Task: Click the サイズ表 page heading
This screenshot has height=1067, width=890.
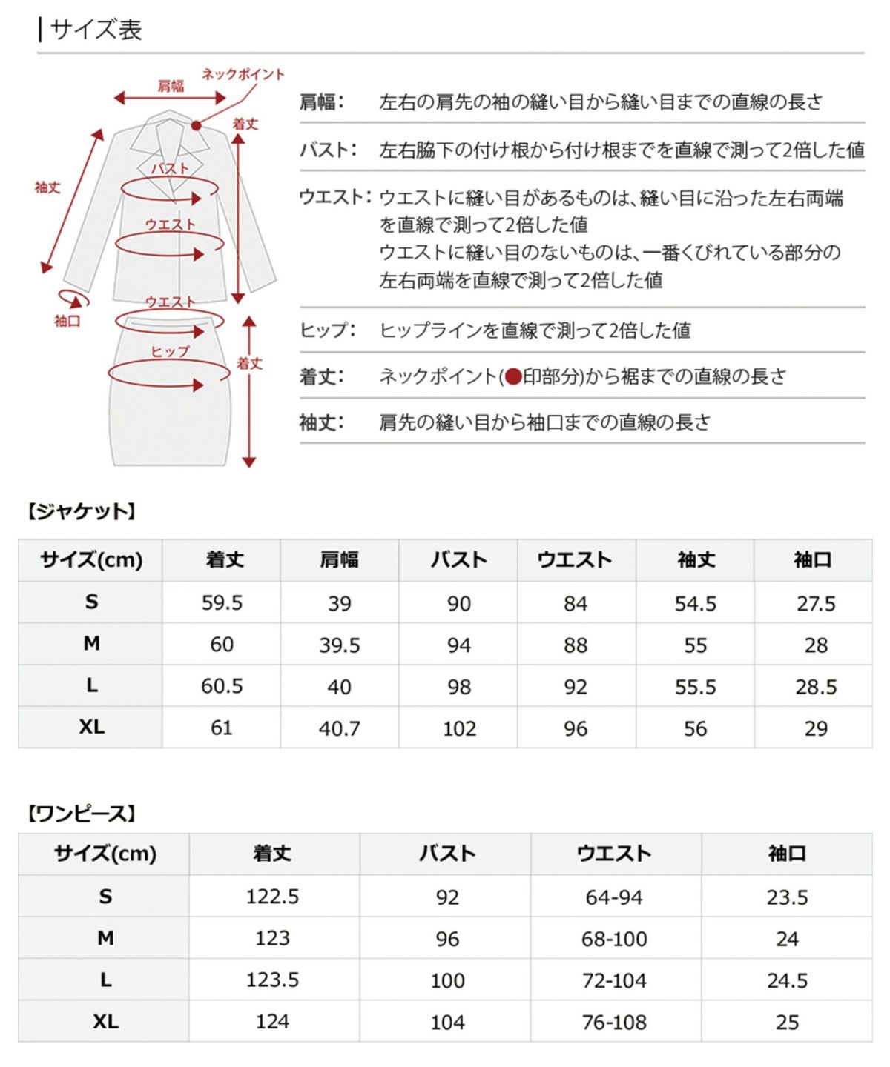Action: (96, 30)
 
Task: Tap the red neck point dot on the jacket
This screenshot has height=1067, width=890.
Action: (196, 125)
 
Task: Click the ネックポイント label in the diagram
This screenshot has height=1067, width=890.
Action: (243, 74)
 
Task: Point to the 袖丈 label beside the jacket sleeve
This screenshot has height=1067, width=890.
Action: (47, 187)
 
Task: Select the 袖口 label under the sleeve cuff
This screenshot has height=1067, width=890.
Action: (67, 321)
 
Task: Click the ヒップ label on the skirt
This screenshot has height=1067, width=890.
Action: (170, 351)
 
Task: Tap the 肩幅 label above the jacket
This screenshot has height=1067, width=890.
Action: (171, 86)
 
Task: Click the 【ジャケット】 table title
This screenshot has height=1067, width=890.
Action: (81, 511)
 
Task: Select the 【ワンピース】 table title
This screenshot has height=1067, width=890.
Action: (81, 814)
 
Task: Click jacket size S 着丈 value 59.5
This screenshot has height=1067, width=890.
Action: (222, 602)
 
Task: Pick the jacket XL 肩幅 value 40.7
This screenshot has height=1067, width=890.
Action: (339, 728)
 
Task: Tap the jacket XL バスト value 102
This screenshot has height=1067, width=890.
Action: (459, 728)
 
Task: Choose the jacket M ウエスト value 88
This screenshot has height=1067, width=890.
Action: (576, 645)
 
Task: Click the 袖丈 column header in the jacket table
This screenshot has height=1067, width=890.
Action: (695, 560)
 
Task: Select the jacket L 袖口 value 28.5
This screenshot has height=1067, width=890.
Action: (815, 687)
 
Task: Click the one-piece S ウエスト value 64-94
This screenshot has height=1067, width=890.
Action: (614, 897)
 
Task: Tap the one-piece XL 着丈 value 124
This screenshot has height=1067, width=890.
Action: (272, 1022)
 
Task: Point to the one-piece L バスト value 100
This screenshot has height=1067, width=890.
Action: (447, 980)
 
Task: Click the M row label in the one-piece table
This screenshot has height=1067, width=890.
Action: (105, 938)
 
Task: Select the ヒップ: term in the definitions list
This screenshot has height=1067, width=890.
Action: (327, 330)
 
